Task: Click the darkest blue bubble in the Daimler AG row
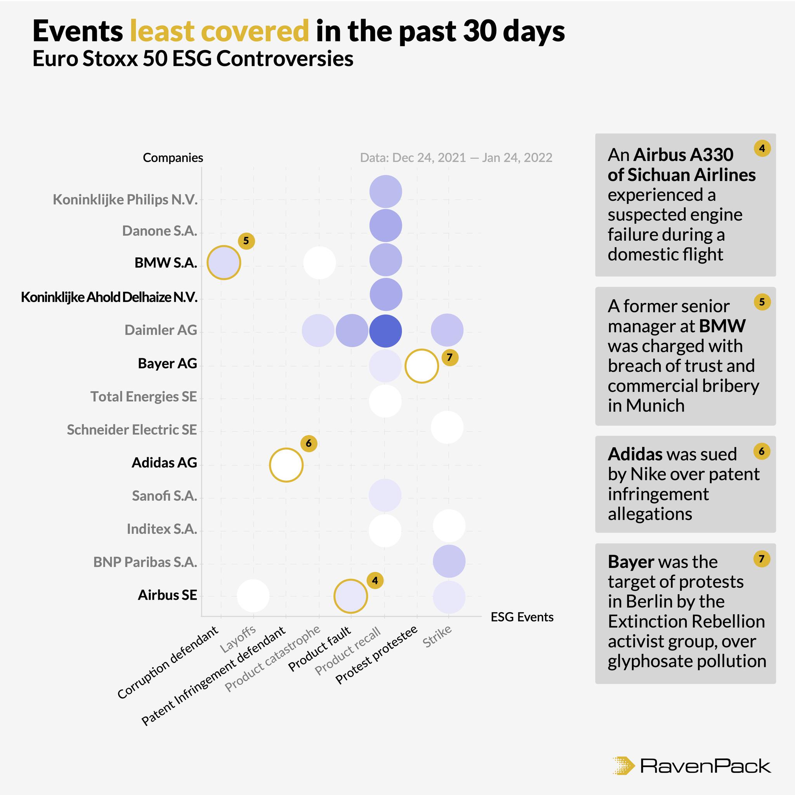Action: pos(385,330)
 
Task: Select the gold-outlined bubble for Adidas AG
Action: pos(286,465)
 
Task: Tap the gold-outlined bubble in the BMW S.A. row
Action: pos(224,262)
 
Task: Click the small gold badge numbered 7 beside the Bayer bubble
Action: pos(450,357)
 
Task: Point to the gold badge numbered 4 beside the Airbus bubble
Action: pos(375,581)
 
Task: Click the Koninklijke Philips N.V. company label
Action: pos(125,200)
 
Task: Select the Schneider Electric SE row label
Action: pos(132,430)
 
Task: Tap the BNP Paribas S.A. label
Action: pos(145,562)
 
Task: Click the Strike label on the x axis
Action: pos(437,636)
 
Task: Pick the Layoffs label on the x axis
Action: pos(238,639)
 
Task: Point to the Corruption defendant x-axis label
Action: pos(168,663)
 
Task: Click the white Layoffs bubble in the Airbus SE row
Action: pos(253,595)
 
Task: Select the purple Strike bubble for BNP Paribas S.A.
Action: pos(449,561)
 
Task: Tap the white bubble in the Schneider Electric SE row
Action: pos(447,427)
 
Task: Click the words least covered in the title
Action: pos(219,31)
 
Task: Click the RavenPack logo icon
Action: pos(623,765)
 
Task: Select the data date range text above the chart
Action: pos(456,158)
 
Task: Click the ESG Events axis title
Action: pos(522,617)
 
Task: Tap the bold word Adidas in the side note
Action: pos(637,454)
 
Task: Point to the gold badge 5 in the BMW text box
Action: pos(762,302)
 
